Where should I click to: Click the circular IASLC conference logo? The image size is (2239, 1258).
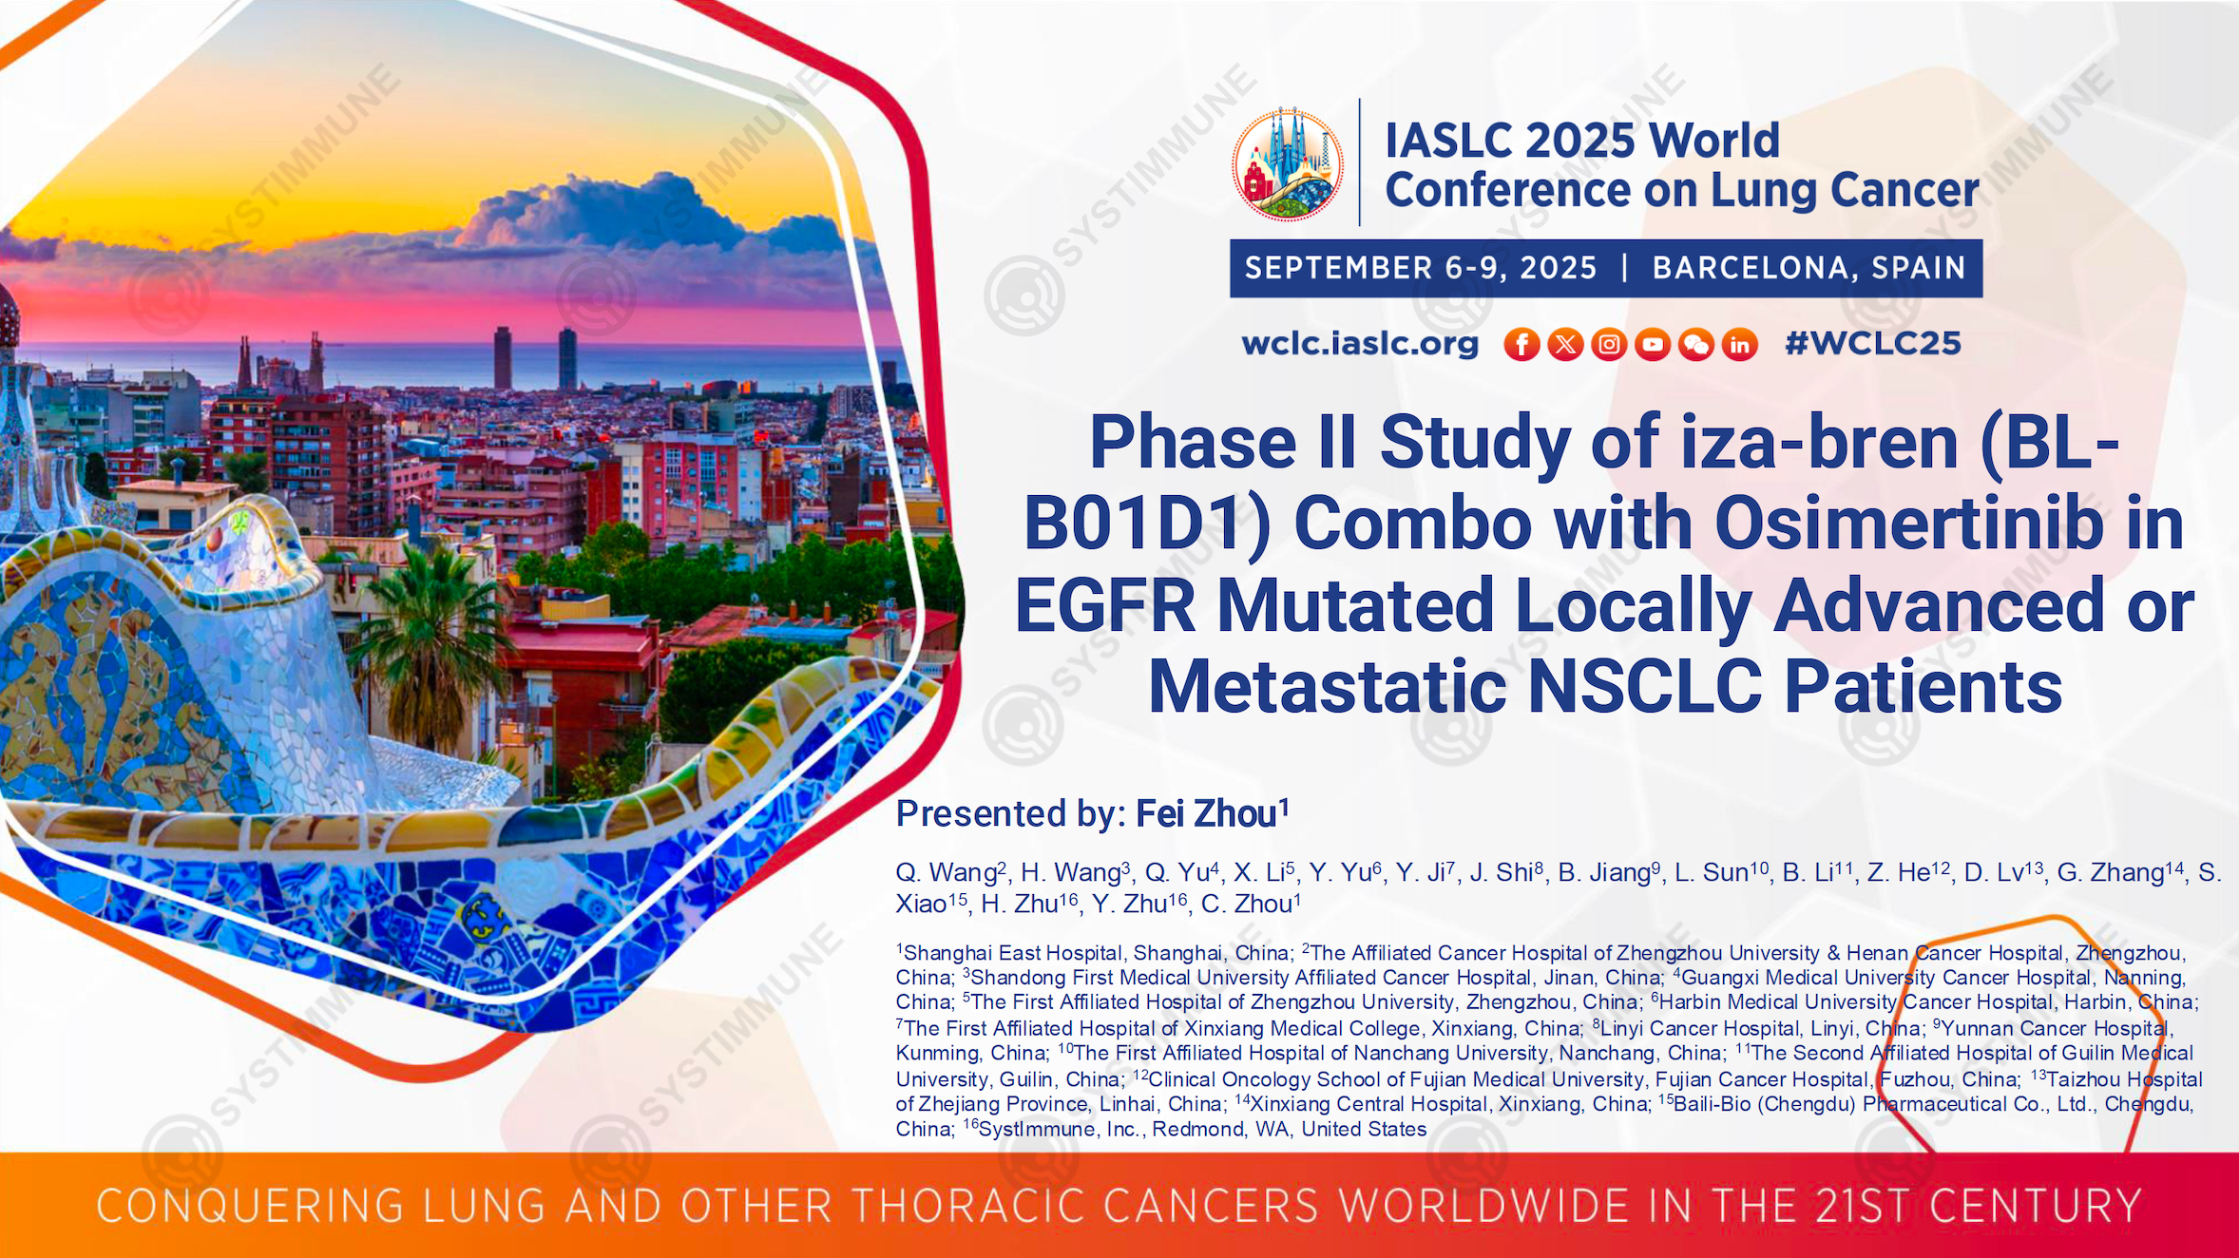(1288, 164)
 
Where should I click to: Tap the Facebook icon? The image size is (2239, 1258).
(1521, 344)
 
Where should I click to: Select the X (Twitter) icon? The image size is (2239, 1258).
(1565, 344)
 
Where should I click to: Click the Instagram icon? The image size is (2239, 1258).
(1609, 344)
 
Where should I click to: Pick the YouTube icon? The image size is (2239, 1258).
(1653, 344)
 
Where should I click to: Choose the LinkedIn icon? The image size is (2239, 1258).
(1740, 344)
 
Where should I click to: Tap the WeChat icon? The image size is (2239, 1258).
(1696, 344)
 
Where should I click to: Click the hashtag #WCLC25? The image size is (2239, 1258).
(1873, 343)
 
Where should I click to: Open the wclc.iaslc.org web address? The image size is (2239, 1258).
(1360, 343)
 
